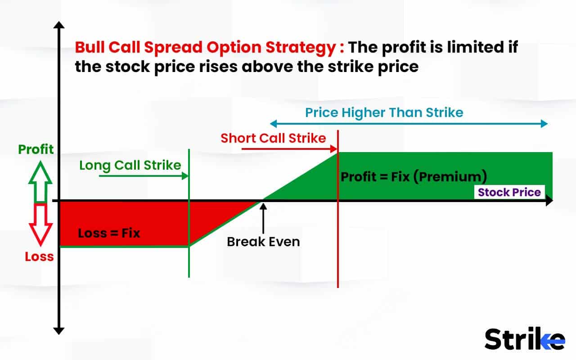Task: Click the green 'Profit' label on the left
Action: click(x=36, y=149)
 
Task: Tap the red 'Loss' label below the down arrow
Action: click(x=39, y=257)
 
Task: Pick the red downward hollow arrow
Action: click(x=40, y=224)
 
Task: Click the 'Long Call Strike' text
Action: click(x=130, y=165)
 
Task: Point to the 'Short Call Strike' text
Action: click(x=273, y=138)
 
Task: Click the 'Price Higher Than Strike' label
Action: click(x=384, y=112)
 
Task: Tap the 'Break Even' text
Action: click(x=263, y=242)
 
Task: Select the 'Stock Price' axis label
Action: click(x=509, y=192)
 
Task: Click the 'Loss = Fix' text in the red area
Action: click(x=109, y=234)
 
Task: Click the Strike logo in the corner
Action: click(x=525, y=339)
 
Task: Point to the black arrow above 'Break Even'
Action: click(x=263, y=216)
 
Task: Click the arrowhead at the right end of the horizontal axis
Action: click(x=549, y=201)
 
